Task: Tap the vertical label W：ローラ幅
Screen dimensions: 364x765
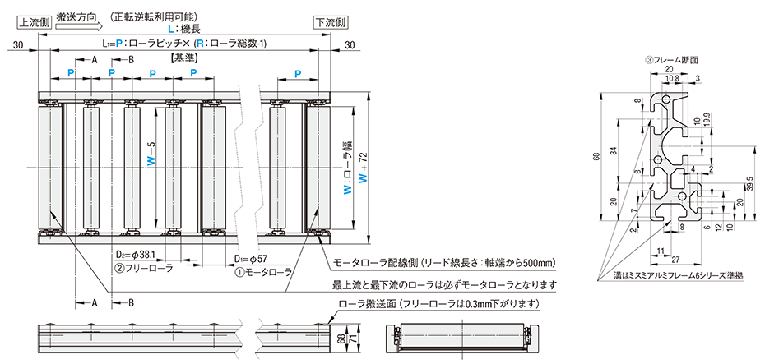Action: [x=346, y=165]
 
